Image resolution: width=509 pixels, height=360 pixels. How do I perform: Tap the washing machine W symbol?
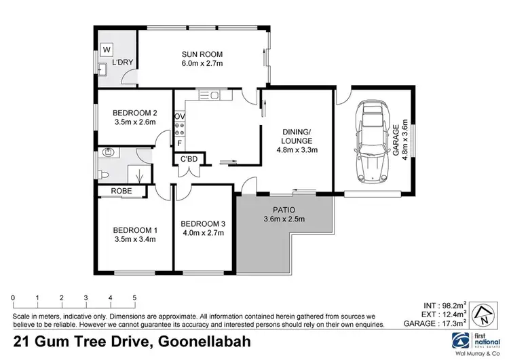click(107, 50)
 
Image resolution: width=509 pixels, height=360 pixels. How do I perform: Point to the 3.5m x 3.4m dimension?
click(134, 239)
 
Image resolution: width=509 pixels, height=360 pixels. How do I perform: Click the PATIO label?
click(284, 209)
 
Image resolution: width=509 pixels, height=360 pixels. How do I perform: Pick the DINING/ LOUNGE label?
click(296, 137)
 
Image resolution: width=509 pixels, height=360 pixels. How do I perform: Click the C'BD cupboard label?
click(188, 159)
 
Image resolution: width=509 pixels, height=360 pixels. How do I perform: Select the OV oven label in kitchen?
click(179, 117)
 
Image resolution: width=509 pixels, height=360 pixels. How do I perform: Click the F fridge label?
click(179, 143)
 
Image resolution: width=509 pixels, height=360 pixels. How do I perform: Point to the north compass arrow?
click(483, 315)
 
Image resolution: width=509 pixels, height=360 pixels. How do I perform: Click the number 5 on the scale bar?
click(134, 298)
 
